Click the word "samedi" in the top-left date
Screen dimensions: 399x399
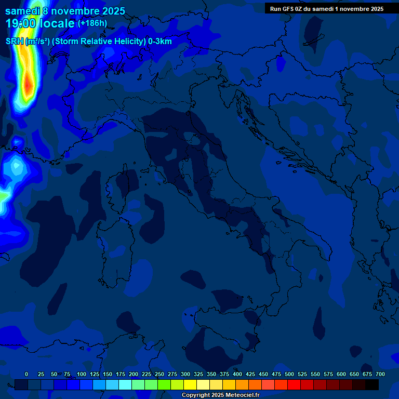point(23,11)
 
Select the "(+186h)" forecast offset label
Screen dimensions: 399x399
point(92,23)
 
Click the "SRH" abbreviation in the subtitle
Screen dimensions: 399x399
point(14,42)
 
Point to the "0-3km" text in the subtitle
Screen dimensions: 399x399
point(160,42)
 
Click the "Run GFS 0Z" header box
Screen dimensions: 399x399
point(327,9)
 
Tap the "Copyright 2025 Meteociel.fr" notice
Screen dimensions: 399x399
point(220,395)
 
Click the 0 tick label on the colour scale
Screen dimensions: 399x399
point(26,375)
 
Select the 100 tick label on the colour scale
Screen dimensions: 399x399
point(82,375)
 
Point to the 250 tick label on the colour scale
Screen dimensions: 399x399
point(159,375)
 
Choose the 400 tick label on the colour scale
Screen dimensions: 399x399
point(237,375)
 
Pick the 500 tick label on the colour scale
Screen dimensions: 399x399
point(289,375)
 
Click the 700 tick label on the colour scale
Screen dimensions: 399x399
point(380,375)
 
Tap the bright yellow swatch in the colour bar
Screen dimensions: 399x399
point(190,384)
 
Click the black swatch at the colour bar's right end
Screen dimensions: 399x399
point(372,384)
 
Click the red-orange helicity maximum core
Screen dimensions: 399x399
point(28,83)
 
